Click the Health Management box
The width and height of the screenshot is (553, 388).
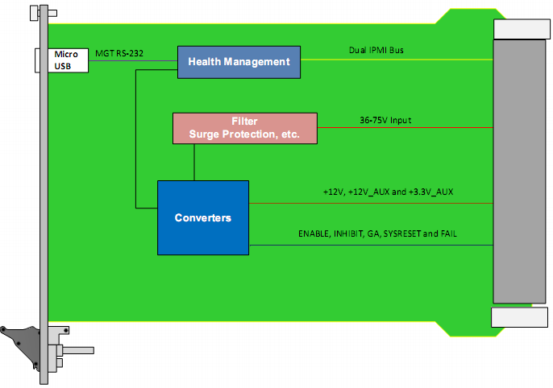click(239, 62)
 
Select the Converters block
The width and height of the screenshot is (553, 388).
click(203, 217)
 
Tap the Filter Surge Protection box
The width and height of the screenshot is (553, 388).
click(245, 128)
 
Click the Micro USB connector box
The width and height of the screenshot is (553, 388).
click(62, 60)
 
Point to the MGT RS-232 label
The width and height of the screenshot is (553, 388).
click(119, 53)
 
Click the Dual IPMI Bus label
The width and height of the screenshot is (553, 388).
click(376, 50)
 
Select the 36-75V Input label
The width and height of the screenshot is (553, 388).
click(385, 120)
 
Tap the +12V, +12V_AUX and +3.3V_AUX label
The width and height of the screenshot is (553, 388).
click(388, 192)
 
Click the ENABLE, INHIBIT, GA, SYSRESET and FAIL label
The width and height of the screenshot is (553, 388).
click(377, 233)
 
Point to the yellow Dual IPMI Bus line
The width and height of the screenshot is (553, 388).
click(397, 60)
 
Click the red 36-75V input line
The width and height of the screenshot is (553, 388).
click(405, 127)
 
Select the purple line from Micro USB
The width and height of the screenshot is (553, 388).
click(133, 60)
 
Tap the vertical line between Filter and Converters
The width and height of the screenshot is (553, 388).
click(194, 163)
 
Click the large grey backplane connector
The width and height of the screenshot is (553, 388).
click(519, 171)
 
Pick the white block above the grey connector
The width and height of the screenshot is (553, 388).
click(522, 29)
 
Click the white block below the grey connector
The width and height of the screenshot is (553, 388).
click(519, 317)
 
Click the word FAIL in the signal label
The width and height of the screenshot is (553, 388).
click(448, 233)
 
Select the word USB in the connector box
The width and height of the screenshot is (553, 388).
click(62, 66)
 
